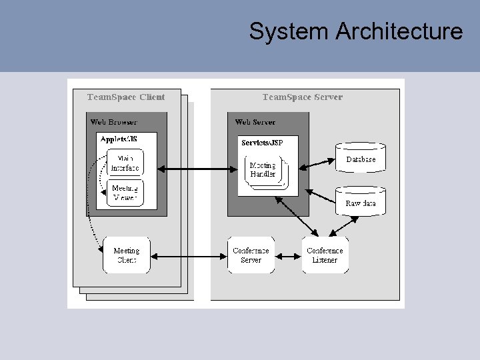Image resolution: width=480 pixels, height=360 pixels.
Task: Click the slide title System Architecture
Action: pos(355,31)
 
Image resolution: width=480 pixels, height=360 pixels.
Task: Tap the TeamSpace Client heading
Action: pos(126,97)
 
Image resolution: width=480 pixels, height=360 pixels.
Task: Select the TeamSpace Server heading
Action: pos(302,97)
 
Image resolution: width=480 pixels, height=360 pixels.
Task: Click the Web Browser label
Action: pos(113,122)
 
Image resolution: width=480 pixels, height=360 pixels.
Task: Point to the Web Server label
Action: pos(255,122)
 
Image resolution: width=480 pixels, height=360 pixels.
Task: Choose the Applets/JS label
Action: pos(118,139)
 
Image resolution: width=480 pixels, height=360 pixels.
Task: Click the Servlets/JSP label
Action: pos(261,141)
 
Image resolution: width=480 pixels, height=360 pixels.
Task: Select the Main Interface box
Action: pos(125,163)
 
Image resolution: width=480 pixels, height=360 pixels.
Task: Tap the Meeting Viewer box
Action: pos(125,193)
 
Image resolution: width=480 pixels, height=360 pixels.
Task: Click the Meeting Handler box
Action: pos(263,170)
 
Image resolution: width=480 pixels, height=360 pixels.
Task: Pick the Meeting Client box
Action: pos(126,255)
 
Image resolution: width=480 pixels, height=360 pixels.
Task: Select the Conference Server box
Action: pos(251,255)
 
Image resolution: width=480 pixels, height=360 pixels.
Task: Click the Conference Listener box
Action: pos(325,255)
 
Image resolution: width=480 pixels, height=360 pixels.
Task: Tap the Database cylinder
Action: pos(360,158)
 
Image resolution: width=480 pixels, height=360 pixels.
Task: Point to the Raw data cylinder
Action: pos(360,201)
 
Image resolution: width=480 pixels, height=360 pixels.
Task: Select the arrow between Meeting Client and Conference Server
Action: pos(189,255)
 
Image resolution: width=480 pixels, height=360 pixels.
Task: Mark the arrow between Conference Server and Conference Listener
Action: pos(288,255)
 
